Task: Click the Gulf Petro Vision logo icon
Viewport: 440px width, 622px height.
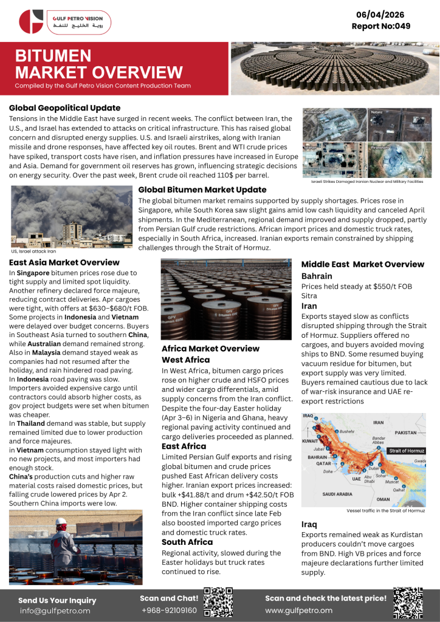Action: click(x=31, y=21)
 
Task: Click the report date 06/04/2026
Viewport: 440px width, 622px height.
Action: click(x=381, y=15)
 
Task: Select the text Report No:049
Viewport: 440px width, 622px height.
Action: click(x=381, y=26)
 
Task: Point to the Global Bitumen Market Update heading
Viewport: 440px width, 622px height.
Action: click(x=201, y=190)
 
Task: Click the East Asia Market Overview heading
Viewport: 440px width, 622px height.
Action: click(x=64, y=262)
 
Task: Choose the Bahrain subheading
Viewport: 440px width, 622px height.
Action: click(x=317, y=276)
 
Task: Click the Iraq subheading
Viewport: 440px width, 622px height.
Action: click(x=309, y=524)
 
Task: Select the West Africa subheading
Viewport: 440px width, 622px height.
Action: click(x=185, y=360)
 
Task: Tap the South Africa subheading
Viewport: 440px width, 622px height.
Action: click(x=187, y=542)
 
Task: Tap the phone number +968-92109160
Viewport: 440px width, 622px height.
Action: click(x=169, y=610)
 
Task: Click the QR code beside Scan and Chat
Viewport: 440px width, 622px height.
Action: click(x=218, y=602)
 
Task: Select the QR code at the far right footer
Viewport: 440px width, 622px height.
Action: click(x=408, y=602)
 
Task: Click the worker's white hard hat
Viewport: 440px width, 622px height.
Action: click(x=61, y=521)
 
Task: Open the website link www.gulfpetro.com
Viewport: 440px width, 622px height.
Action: click(x=298, y=610)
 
